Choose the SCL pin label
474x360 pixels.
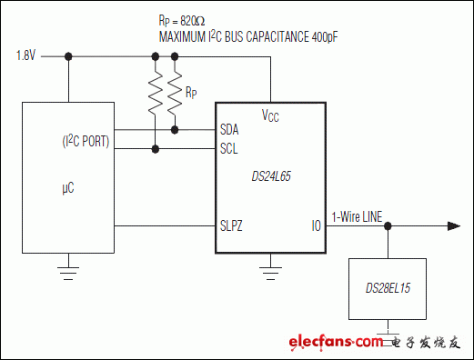[x=229, y=148]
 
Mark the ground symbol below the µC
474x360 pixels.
[x=67, y=268]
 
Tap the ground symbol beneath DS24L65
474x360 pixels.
[x=270, y=268]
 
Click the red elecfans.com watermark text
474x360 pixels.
[x=336, y=342]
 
